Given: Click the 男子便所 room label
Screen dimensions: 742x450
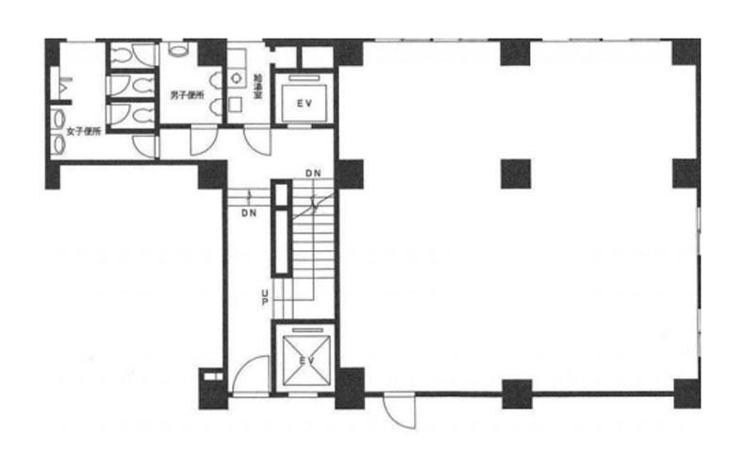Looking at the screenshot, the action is (x=188, y=95).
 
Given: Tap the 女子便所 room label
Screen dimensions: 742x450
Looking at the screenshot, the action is (x=84, y=132).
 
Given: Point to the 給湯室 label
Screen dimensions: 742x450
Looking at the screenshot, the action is (x=258, y=86).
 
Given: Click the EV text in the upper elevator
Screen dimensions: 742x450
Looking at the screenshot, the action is (x=305, y=103).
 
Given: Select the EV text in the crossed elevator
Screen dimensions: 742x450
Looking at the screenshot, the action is (x=307, y=361).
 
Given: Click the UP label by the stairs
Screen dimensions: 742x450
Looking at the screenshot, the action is (x=265, y=297).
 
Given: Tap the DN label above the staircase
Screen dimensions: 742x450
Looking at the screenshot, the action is (x=313, y=174).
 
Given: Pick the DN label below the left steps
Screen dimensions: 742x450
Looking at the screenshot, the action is (x=249, y=213).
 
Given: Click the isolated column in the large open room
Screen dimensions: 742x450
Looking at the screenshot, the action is (x=516, y=174).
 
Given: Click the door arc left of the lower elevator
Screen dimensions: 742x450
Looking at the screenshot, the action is (x=250, y=375).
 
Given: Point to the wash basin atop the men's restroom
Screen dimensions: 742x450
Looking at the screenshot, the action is (x=178, y=48).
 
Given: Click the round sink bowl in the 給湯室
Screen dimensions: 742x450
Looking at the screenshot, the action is (x=236, y=78).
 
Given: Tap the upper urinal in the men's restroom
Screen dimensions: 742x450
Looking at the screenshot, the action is (x=216, y=80).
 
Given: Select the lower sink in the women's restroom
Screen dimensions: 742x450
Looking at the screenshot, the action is (x=58, y=144).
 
